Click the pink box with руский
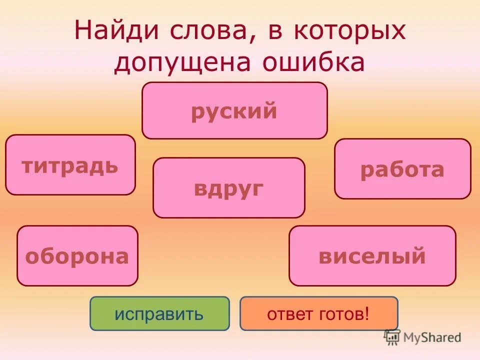coord(234,110)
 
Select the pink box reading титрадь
coord(70,164)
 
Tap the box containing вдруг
coord(229,188)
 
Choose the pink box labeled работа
coord(402,169)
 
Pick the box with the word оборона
coord(77,256)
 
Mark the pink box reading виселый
coord(372,256)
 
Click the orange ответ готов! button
coord(318,313)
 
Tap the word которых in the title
coord(347,31)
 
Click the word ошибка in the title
coord(312,63)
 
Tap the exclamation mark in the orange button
coord(367,313)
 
